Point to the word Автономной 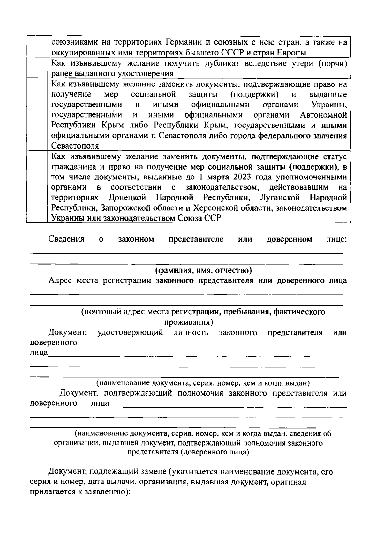coord(323,115)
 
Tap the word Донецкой coord(127,198)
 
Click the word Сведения coord(66,239)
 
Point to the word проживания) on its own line coord(189,322)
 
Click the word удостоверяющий coord(130,332)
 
